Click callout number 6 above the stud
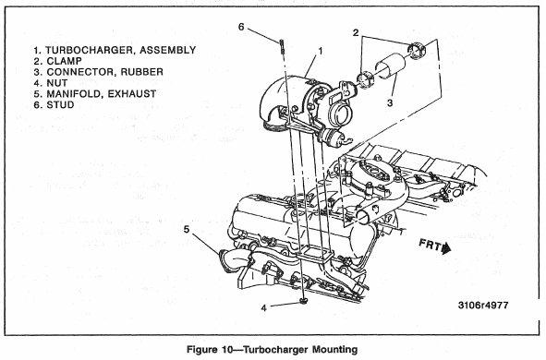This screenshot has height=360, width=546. click(x=242, y=27)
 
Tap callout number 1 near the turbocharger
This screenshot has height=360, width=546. click(x=321, y=51)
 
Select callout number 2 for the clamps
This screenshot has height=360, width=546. click(x=356, y=32)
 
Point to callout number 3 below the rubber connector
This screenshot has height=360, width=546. click(x=390, y=102)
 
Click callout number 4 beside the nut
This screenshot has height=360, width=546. click(x=264, y=307)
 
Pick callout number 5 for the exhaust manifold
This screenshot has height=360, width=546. click(x=187, y=230)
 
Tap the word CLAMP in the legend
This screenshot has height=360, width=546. click(x=65, y=61)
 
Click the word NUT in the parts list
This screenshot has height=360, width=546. click(x=57, y=83)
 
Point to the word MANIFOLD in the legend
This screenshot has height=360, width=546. click(x=75, y=94)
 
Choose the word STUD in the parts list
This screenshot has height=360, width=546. click(x=60, y=105)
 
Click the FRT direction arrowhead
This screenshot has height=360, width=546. click(x=445, y=248)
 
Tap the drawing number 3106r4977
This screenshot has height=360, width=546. click(x=483, y=305)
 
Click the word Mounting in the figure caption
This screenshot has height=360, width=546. click(x=334, y=349)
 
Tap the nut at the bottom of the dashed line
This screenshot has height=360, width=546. click(x=304, y=301)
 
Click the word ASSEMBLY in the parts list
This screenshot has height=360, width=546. click(x=168, y=50)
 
